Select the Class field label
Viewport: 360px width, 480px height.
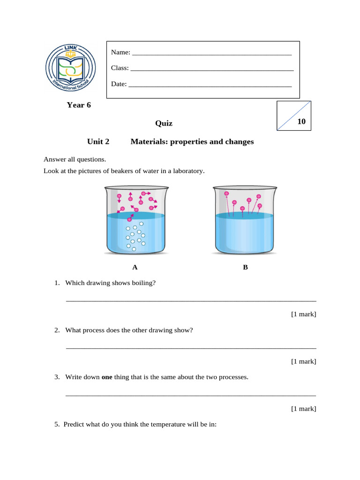coord(120,68)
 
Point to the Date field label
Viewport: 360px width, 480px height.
coord(119,84)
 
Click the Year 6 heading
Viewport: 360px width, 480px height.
coord(79,105)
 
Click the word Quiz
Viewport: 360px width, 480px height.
coord(164,123)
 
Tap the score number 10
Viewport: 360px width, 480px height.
coord(301,121)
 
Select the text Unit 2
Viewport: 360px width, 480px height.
coord(98,142)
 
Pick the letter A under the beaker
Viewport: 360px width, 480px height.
coord(135,268)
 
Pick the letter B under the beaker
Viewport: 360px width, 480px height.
coord(245,268)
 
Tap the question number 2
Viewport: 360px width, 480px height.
coord(57,330)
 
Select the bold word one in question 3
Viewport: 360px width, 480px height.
coord(107,377)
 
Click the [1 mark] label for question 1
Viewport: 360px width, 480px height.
coord(303,314)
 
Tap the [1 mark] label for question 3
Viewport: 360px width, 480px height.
coord(303,409)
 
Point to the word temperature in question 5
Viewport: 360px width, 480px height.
coord(156,425)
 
